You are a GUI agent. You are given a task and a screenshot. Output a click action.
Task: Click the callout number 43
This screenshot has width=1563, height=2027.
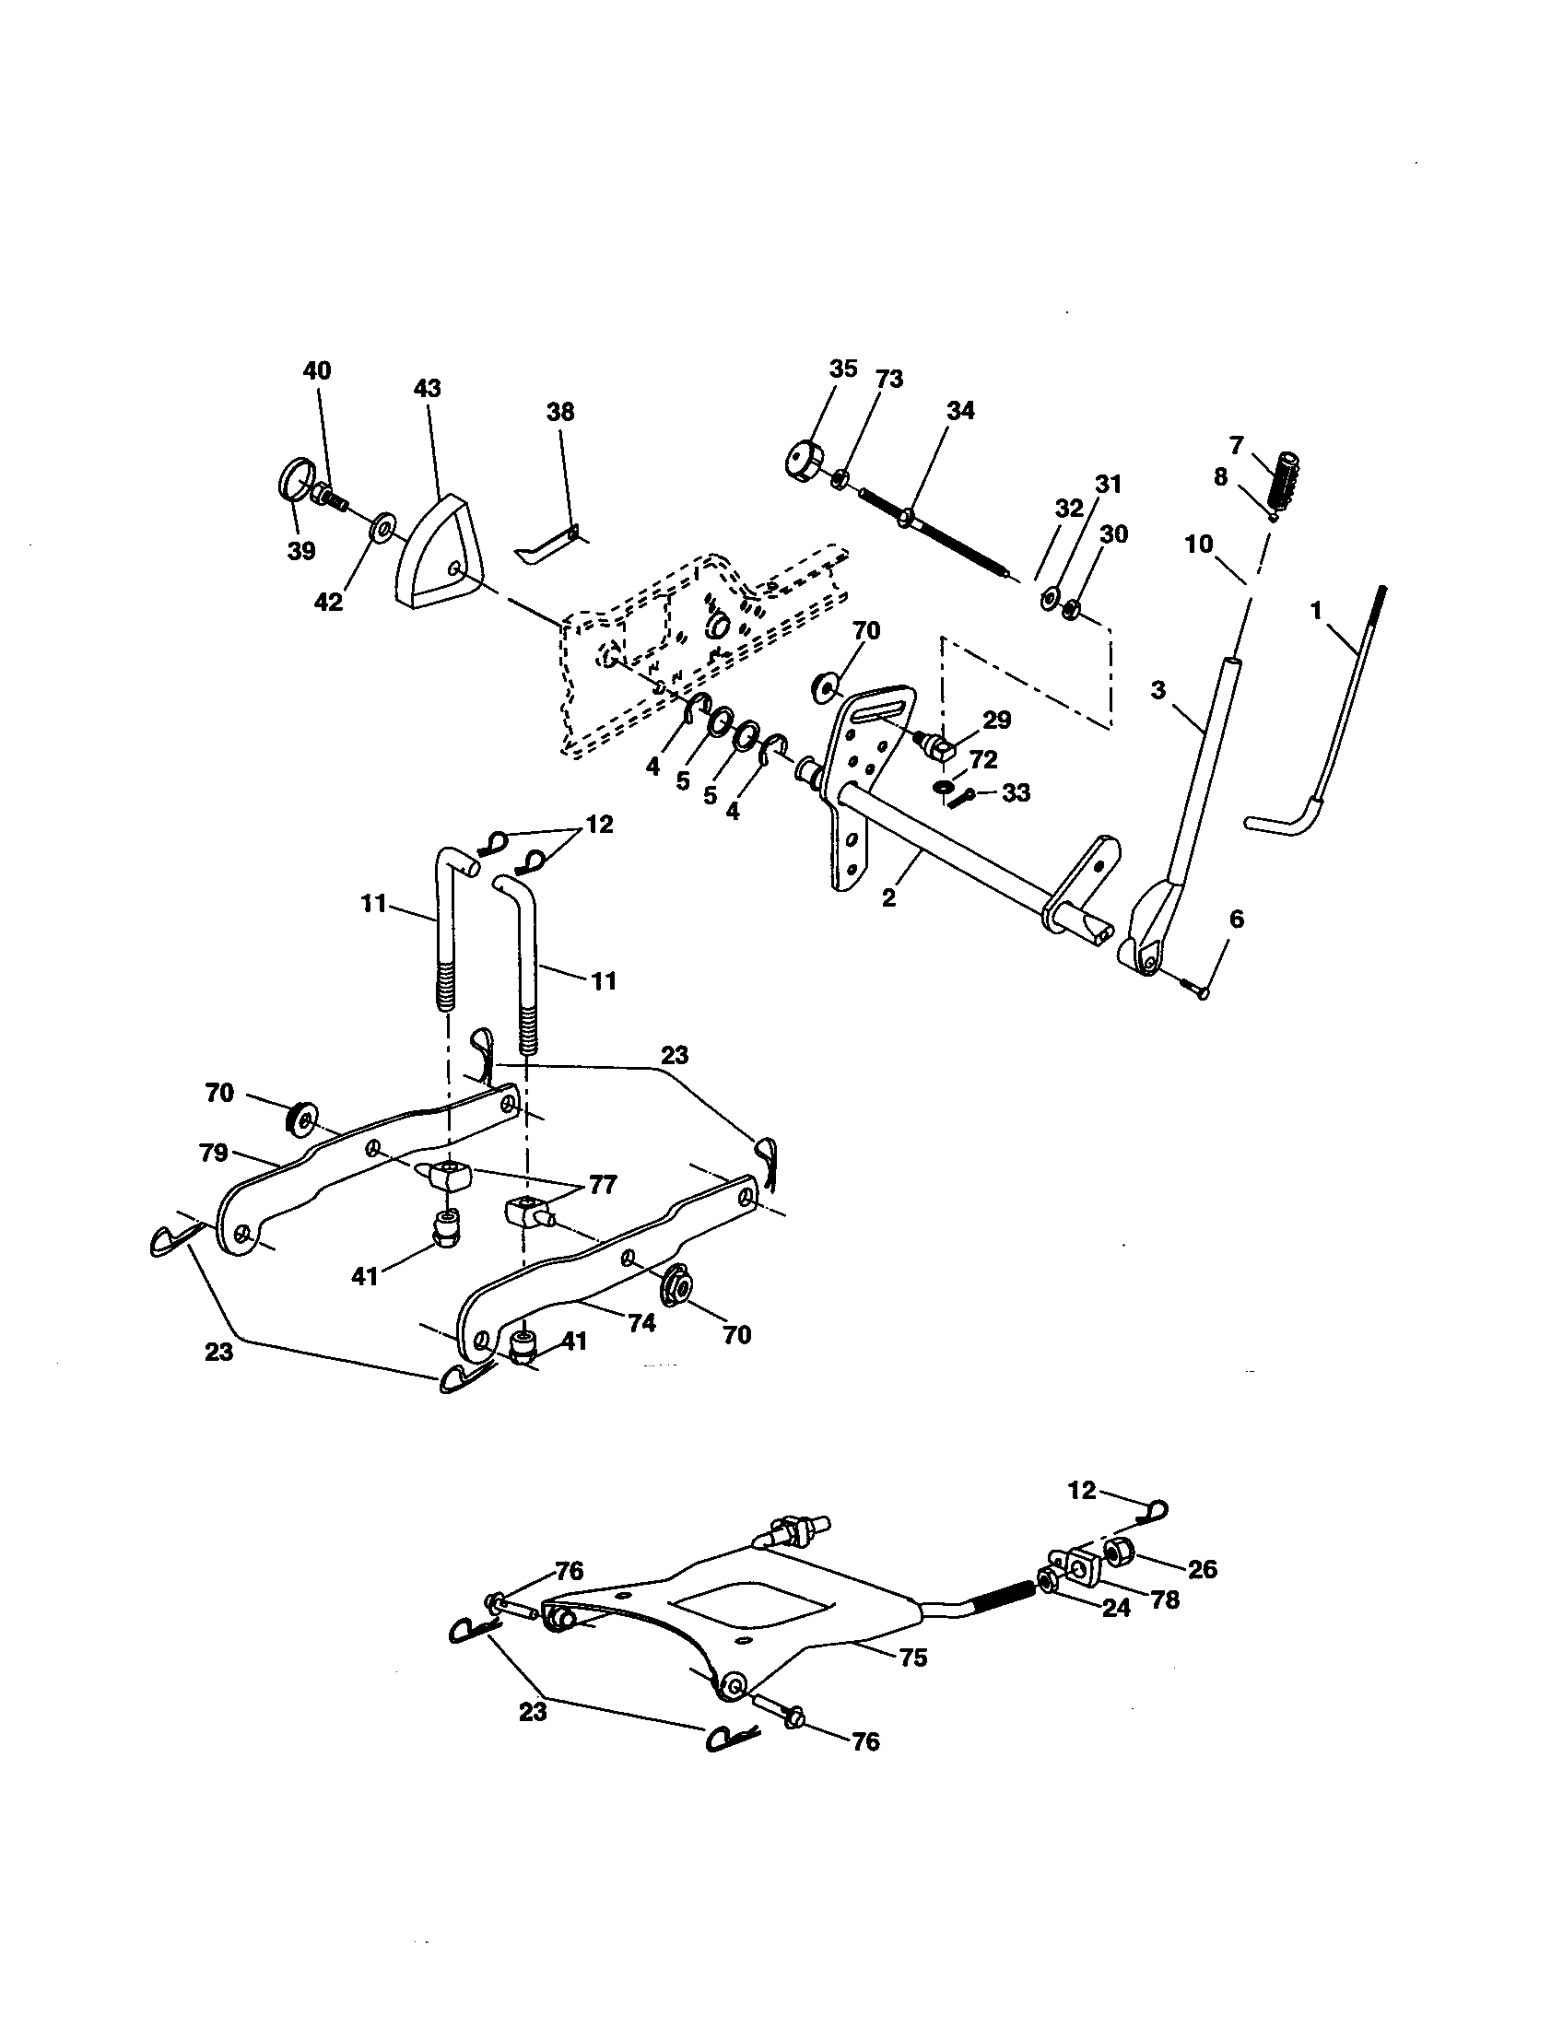click(427, 388)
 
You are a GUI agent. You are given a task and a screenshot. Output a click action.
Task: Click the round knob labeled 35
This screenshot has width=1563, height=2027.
click(805, 461)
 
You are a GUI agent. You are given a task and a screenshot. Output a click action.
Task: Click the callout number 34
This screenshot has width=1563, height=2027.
click(960, 410)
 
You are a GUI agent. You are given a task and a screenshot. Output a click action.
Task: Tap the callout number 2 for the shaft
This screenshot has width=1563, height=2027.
click(889, 897)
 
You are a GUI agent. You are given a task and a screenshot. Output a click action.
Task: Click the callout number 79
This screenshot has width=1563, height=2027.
click(214, 1153)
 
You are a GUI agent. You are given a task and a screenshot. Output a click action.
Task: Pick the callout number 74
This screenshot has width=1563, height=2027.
click(641, 1322)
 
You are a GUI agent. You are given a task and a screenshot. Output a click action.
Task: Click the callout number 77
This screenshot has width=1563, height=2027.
click(604, 1185)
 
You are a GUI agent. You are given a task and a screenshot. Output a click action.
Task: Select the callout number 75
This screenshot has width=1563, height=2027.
click(913, 1657)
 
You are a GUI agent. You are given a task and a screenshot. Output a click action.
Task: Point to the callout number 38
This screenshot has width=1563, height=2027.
click(559, 411)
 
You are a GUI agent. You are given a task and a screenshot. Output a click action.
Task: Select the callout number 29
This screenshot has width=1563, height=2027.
click(997, 720)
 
